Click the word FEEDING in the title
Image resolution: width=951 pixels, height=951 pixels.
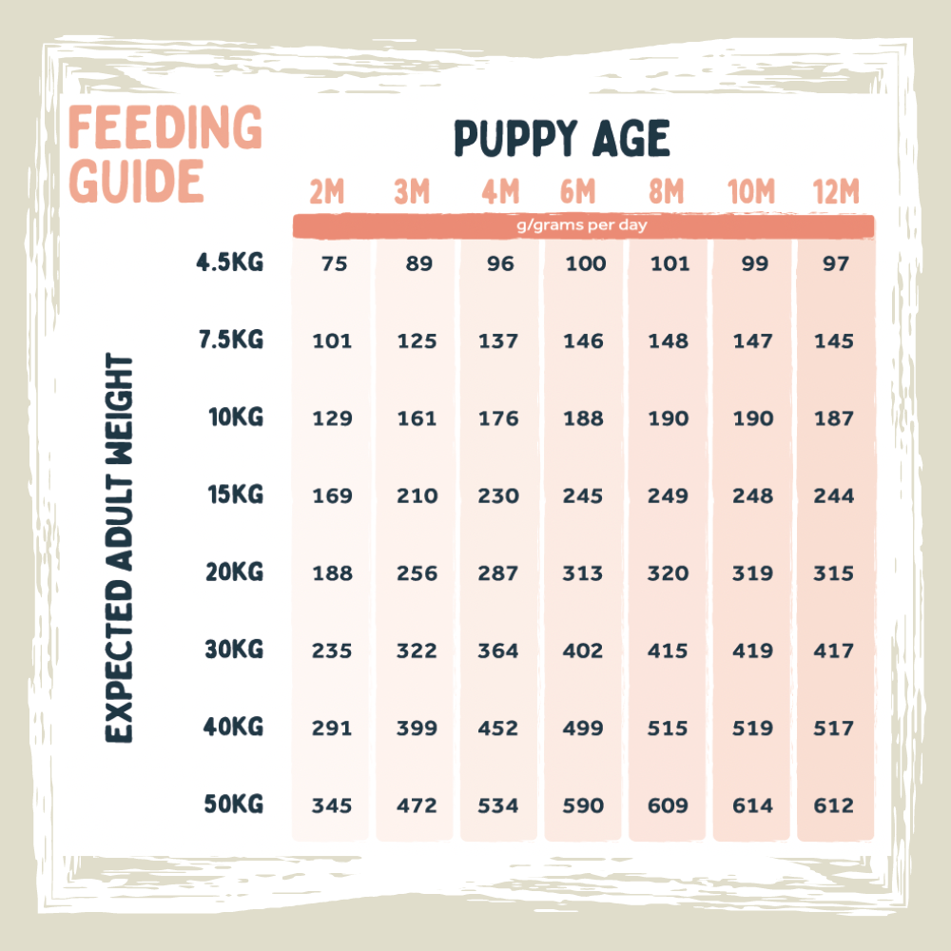coord(165,127)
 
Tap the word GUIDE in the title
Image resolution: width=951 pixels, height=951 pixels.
coord(138,181)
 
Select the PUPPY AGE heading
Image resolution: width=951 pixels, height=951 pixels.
coord(562,139)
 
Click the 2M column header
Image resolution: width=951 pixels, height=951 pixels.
coord(326,193)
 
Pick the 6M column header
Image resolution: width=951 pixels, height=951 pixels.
coord(576,193)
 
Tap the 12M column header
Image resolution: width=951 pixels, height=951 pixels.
coord(836,193)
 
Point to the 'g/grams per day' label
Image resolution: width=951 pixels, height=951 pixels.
coord(583,226)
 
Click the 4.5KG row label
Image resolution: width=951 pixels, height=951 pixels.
coord(229,262)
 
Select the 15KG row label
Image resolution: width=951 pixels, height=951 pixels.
coord(235,495)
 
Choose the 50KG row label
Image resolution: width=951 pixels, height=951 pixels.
coord(233,805)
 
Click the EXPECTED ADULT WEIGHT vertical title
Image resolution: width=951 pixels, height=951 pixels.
coord(120,548)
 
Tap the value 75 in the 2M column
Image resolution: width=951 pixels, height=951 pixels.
coord(334,264)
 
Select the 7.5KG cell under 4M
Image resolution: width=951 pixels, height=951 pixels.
coord(498,341)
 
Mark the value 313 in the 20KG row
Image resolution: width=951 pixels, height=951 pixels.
coord(583,573)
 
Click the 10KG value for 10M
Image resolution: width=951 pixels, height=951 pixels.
coord(753,418)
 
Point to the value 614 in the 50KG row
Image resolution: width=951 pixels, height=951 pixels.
coord(753,805)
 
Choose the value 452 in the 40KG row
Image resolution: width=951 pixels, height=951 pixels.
coord(498,728)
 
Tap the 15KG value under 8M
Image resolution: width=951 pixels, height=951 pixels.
coord(670,496)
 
